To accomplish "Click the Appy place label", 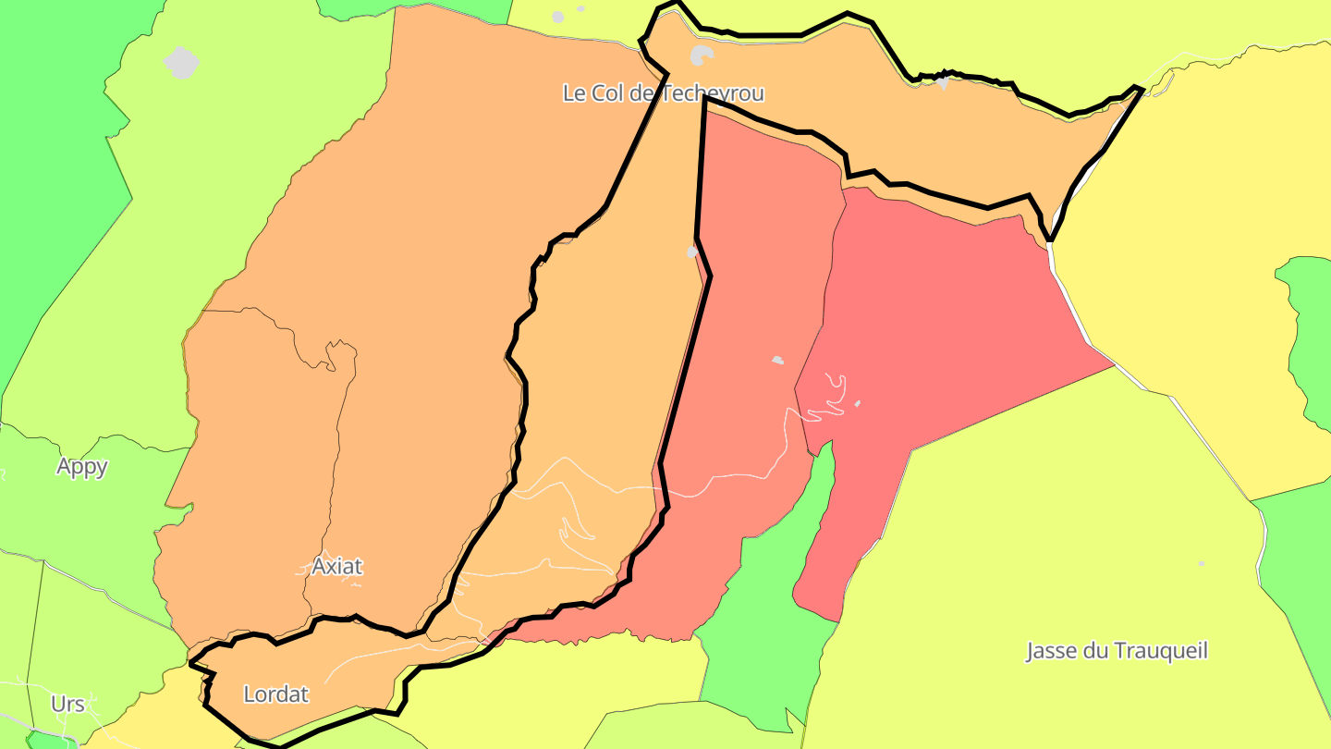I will coord(82,466).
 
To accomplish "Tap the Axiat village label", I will coord(336,565).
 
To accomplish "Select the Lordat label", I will coord(275,694).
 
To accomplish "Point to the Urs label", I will coord(67,704).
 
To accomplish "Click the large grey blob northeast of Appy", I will coord(181,62).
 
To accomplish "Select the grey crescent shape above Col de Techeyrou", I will coord(702,56).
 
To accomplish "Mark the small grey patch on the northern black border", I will coord(942,82).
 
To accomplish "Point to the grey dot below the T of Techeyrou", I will coord(692,252).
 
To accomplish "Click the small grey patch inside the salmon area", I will coord(777,360).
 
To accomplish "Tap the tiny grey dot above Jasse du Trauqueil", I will coord(1202,563).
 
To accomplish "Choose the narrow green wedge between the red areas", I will coord(813,518).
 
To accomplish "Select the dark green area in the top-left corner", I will coord(46,139).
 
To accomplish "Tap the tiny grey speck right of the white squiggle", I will coord(858,403).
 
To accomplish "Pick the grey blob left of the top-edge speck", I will coord(557,17).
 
